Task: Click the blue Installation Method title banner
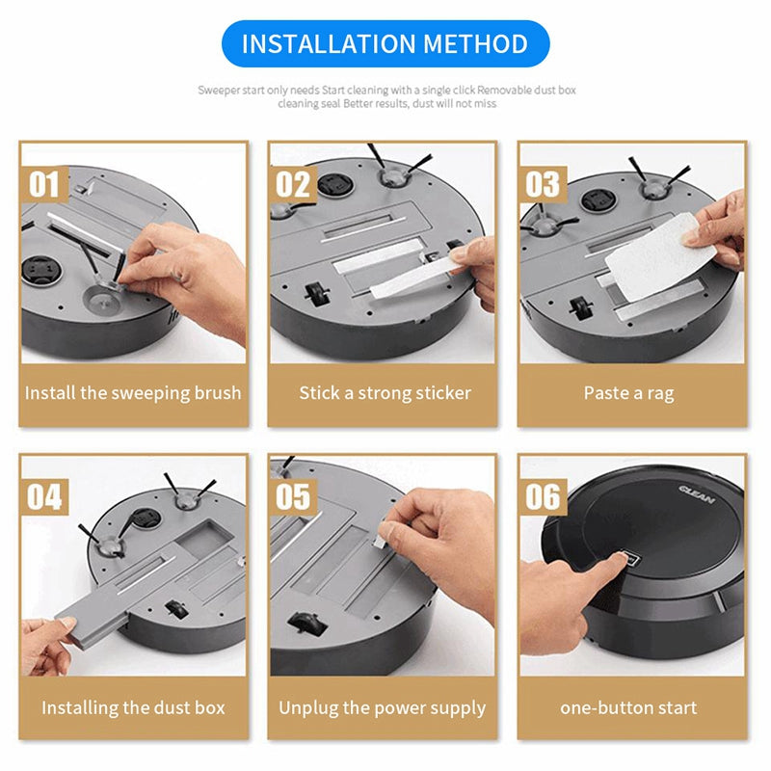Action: tap(385, 44)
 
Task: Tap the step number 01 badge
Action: tap(44, 183)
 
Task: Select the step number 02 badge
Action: tap(294, 183)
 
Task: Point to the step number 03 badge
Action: tap(543, 183)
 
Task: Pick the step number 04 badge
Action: tap(44, 497)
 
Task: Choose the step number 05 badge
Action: tap(294, 497)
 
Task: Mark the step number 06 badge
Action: tap(543, 497)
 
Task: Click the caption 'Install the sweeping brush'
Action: tap(133, 393)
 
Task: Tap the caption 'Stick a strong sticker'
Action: tap(385, 393)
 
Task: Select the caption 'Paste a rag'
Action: tap(628, 393)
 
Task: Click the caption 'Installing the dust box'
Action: tap(133, 707)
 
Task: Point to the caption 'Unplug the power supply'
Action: tap(383, 707)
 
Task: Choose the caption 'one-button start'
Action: tap(628, 707)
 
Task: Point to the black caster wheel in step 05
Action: tap(307, 625)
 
